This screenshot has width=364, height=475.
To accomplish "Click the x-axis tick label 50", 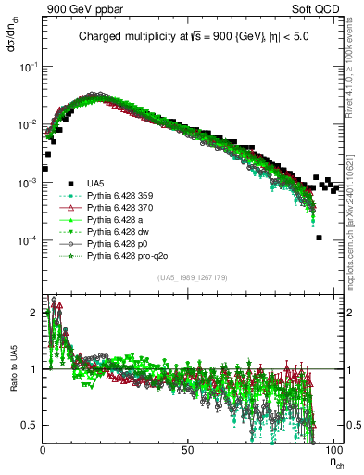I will (187, 450).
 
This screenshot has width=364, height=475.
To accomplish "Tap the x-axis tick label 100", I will (333, 450).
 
